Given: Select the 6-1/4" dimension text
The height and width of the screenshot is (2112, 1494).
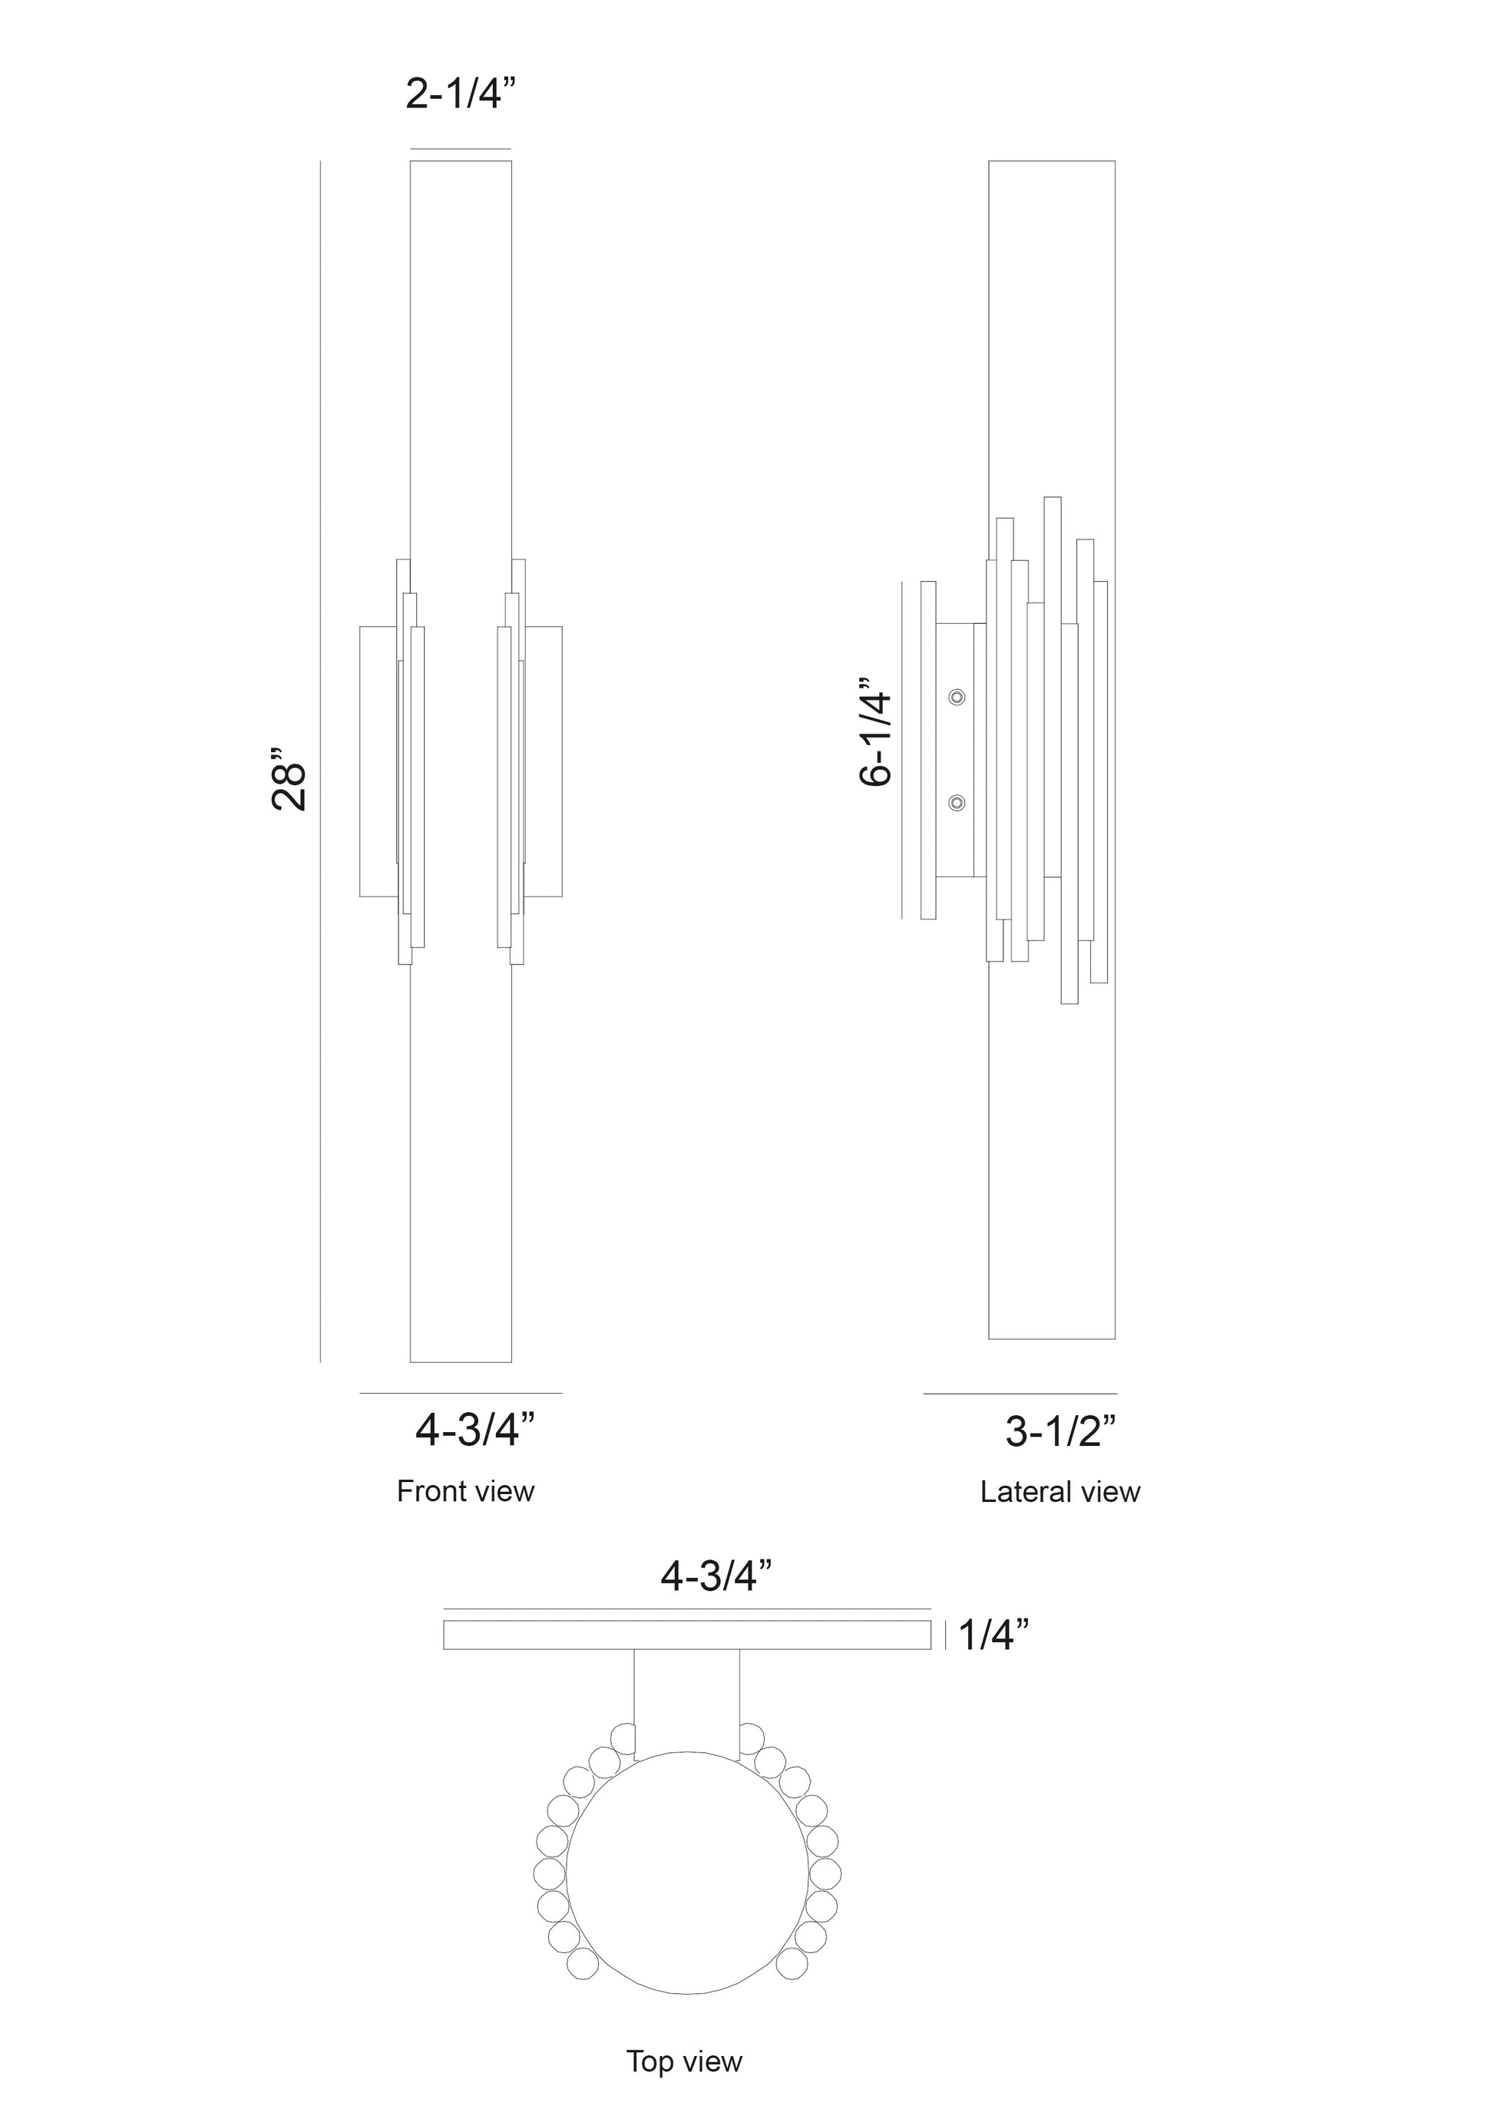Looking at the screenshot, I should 875,733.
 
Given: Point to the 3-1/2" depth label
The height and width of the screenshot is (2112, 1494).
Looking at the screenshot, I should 1061,1432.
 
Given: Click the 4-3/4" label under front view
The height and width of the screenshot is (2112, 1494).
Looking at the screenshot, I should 474,1431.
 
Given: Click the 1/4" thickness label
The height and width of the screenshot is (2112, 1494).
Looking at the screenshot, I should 993,1635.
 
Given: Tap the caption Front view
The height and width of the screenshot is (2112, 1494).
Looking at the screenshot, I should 464,1491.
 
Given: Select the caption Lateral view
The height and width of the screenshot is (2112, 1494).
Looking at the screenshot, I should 1059,1492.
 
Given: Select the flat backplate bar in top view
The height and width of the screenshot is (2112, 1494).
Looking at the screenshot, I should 687,1635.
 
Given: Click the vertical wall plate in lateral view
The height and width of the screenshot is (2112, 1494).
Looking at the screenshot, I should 928,750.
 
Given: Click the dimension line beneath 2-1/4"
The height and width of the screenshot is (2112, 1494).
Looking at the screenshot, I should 460,149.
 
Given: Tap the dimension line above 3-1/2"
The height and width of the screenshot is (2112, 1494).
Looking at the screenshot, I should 1020,1394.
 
